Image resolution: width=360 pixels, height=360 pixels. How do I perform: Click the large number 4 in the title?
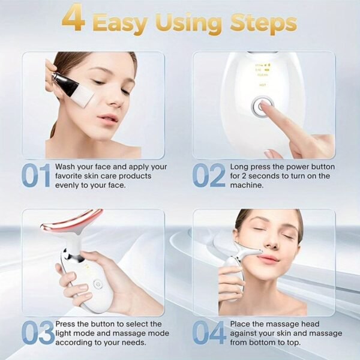click(x=74, y=20)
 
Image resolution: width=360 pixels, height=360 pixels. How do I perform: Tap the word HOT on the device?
click(x=262, y=85)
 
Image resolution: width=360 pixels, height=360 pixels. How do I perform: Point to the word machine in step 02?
click(x=248, y=185)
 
